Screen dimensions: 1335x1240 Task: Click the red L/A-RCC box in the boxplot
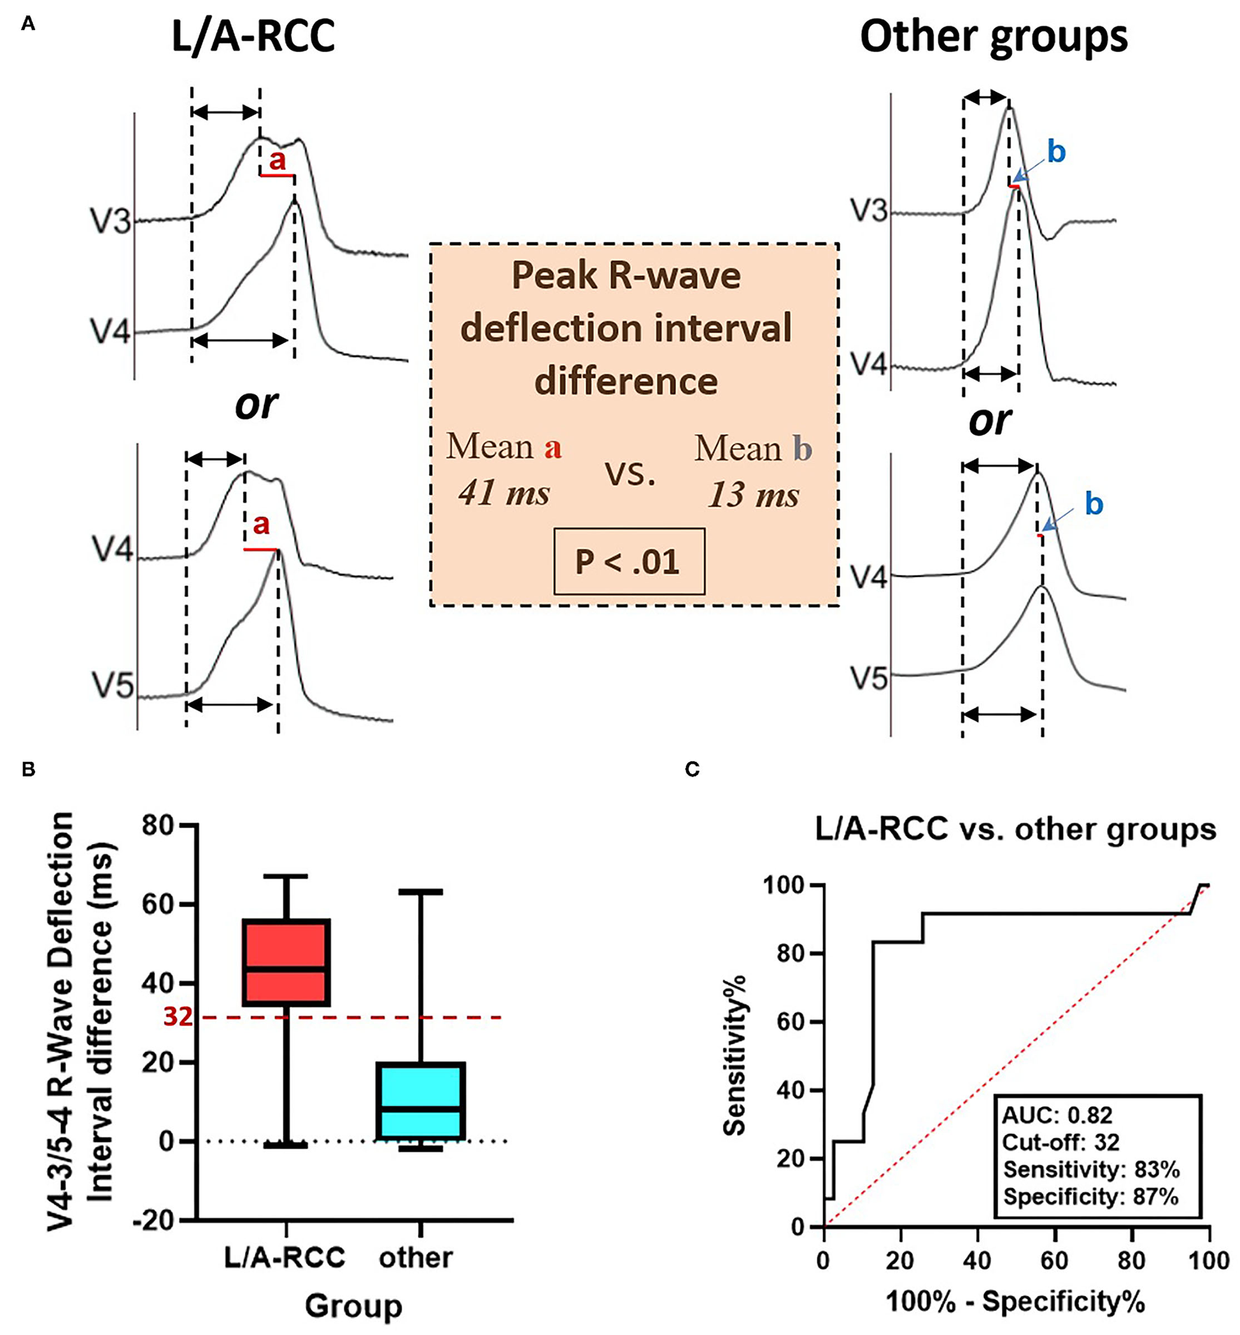(286, 962)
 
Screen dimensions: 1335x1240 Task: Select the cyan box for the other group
(421, 1100)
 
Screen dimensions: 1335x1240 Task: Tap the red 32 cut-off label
(178, 1016)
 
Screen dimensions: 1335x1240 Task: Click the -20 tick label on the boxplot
(154, 1220)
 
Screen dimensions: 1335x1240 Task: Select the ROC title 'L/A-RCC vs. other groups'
(1015, 830)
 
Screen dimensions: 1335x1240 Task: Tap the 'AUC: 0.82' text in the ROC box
(1057, 1115)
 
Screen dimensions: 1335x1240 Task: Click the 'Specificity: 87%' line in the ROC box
(1090, 1197)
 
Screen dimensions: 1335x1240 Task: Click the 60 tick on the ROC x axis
(1055, 1260)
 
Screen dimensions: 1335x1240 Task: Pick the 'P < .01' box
(628, 561)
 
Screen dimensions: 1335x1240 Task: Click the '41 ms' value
(504, 493)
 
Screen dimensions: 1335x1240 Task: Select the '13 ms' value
(753, 496)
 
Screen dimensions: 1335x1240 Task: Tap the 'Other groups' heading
(994, 36)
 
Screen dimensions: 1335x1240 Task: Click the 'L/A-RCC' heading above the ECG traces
(253, 36)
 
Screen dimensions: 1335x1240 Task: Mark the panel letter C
(692, 769)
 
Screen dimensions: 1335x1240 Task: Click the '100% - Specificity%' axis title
(1015, 1302)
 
